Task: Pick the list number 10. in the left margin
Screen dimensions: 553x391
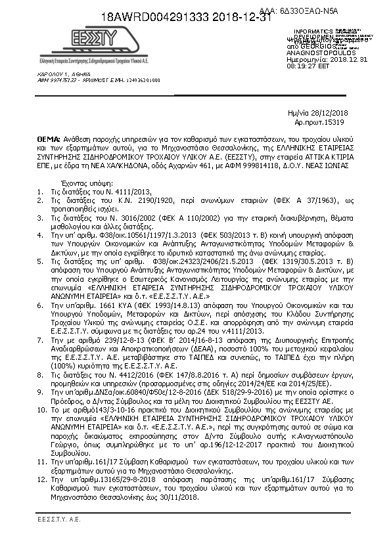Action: (40, 409)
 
